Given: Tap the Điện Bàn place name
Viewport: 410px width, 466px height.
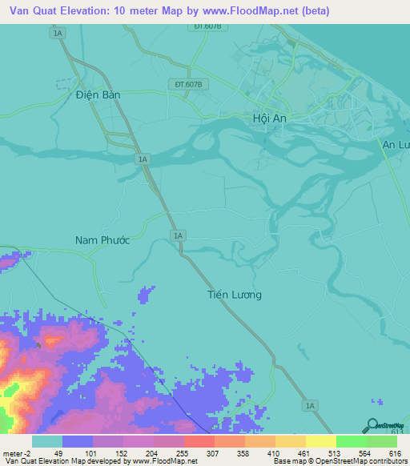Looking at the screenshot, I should (98, 94).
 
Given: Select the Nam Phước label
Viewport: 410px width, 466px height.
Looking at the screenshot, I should (102, 240).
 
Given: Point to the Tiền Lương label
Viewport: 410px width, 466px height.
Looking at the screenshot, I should (229, 295).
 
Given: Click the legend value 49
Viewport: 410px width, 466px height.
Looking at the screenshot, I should (58, 453).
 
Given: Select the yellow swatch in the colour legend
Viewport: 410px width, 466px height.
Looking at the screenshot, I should (320, 441).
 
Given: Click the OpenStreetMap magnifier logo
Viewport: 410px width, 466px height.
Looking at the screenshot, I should (371, 428).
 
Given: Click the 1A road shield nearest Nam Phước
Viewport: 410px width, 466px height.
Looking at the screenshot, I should (179, 235).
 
